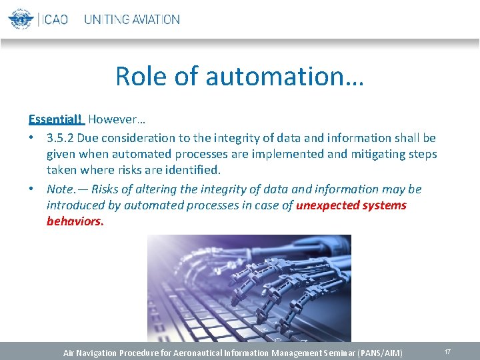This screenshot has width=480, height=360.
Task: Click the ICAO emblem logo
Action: click(21, 19)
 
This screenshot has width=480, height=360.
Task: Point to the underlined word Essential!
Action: click(55, 120)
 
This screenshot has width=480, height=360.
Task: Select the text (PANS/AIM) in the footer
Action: click(380, 352)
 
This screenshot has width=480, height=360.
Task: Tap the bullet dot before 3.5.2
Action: click(32, 138)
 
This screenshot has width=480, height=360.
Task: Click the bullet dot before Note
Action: click(32, 189)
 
